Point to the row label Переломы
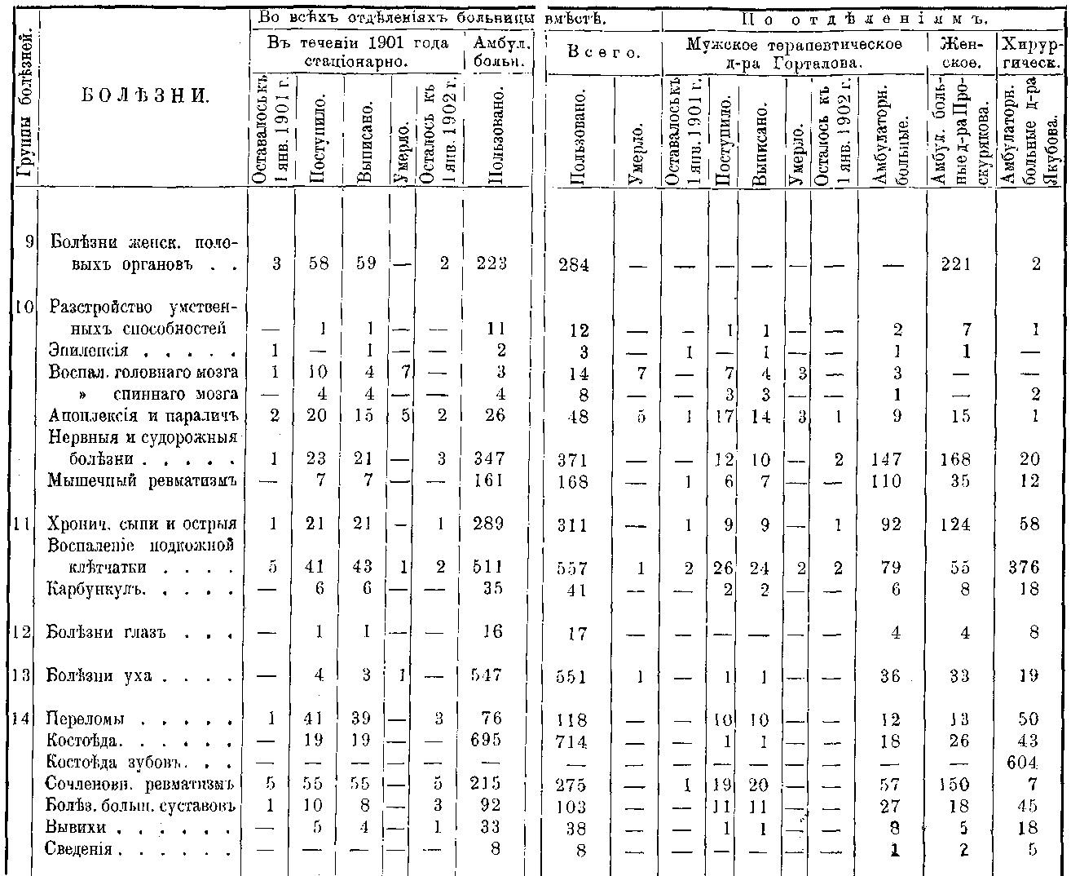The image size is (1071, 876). [x=86, y=720]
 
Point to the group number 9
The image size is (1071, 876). [x=29, y=241]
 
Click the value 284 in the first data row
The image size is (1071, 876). [x=575, y=265]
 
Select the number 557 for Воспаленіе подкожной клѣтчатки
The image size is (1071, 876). [x=577, y=569]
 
